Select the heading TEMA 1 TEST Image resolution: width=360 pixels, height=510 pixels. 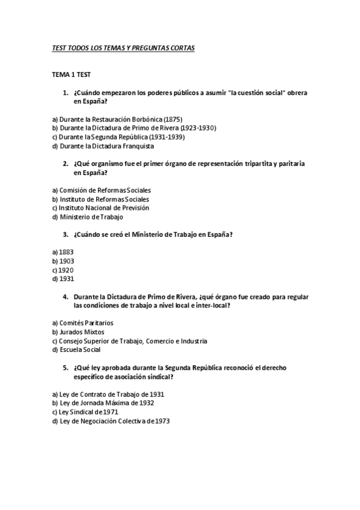[x=72, y=74]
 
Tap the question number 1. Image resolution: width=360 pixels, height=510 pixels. [x=66, y=93]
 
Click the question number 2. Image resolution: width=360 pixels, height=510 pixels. [x=66, y=164]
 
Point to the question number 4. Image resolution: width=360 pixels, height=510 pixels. [x=66, y=296]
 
